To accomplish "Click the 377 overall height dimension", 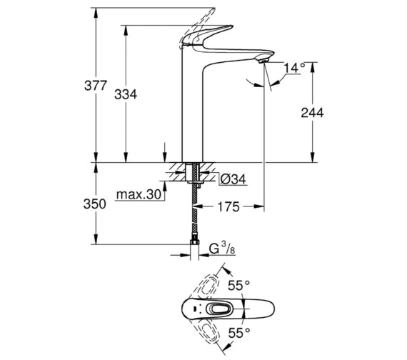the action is click(x=96, y=86).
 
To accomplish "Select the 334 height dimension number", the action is click(x=126, y=94).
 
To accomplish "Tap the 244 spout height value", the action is click(x=312, y=113).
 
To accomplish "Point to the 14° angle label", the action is click(x=294, y=68).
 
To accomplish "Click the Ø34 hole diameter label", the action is click(x=233, y=179).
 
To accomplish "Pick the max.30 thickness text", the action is click(x=139, y=194).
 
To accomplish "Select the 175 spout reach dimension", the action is click(x=228, y=206).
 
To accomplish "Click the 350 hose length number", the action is click(x=94, y=204).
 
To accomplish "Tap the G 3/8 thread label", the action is click(x=222, y=249).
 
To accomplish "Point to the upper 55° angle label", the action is click(x=238, y=286).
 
